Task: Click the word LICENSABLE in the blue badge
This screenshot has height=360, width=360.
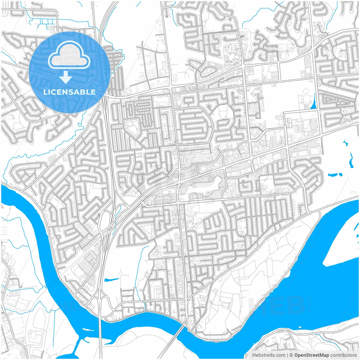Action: click(x=69, y=92)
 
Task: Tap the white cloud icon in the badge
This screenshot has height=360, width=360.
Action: click(x=69, y=56)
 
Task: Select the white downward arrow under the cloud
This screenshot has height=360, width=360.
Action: click(x=66, y=78)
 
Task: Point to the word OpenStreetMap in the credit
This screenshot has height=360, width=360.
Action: click(x=312, y=355)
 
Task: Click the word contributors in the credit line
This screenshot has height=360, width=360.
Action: click(x=343, y=355)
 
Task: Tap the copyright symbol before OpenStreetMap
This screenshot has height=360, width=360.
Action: click(x=291, y=355)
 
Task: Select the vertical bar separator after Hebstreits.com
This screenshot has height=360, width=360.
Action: click(x=287, y=355)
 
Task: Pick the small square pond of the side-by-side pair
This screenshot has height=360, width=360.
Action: click(x=340, y=175)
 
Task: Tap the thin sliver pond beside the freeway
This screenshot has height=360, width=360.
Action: click(x=111, y=280)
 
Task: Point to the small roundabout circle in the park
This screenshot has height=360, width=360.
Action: click(x=215, y=291)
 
